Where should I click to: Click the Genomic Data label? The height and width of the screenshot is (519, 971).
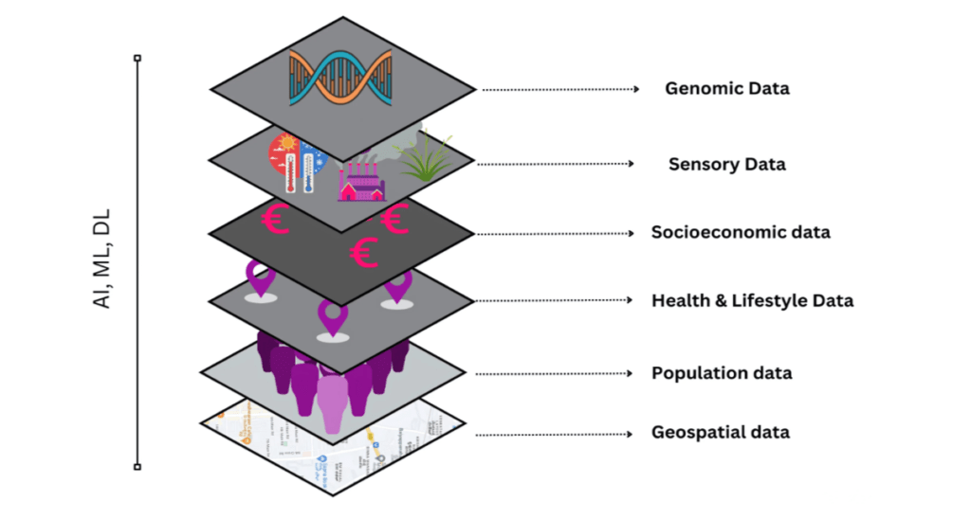[x=726, y=89]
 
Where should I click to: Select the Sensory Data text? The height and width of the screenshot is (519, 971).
[x=726, y=164]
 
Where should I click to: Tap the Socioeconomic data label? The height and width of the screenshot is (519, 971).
[x=740, y=232]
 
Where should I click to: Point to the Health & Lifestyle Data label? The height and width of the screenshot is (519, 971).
[x=752, y=301]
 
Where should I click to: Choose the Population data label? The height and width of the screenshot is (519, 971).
[x=721, y=373]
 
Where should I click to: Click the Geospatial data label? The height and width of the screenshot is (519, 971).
[x=720, y=433]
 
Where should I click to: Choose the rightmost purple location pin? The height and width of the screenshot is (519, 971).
[x=398, y=286]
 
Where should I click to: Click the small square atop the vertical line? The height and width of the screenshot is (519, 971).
[x=137, y=59]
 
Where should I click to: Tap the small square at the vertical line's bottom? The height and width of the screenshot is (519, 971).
[x=137, y=466]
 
